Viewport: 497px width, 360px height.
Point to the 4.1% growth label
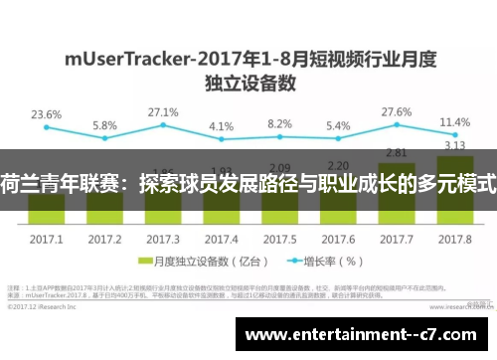[x=222, y=126]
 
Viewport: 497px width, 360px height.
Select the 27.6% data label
[x=397, y=111]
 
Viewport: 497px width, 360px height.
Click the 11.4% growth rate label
[x=453, y=122]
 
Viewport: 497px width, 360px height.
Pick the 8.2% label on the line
[x=280, y=124]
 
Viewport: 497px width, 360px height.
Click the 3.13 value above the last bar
[x=454, y=145]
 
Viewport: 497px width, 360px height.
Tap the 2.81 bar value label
[x=397, y=151]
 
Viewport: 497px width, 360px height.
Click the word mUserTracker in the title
[x=129, y=58]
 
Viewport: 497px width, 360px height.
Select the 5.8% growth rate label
[x=104, y=125]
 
